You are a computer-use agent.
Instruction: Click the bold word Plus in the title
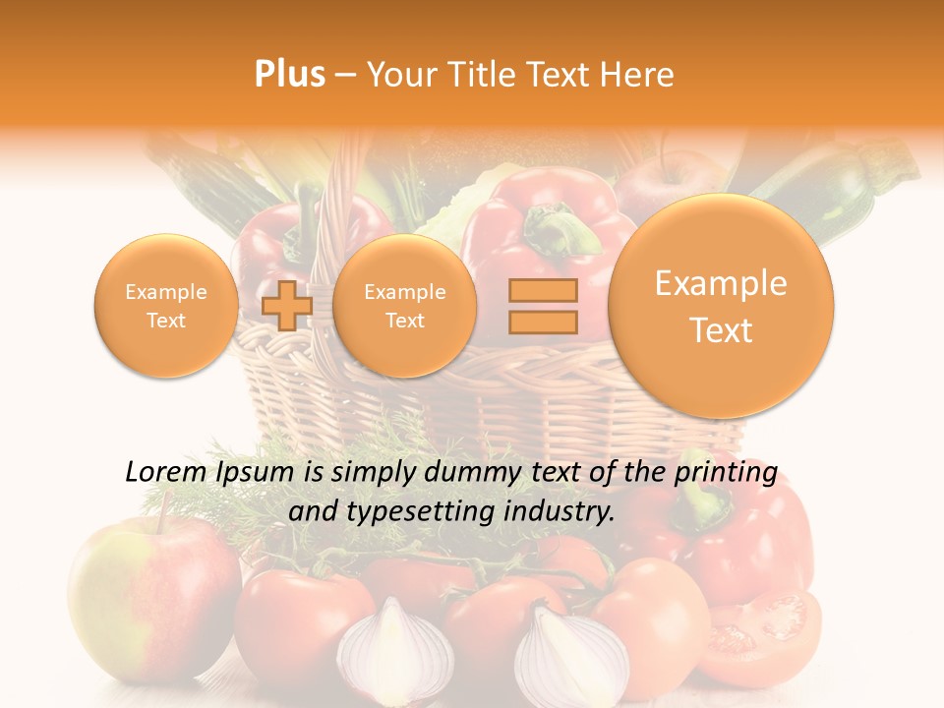290,75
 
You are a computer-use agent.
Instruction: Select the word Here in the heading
640,75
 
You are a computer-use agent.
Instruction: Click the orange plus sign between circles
287,306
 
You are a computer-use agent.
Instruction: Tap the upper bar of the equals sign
543,290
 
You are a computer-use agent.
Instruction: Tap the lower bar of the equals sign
543,321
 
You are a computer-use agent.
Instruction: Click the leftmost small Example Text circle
165,306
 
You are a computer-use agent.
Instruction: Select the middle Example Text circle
404,306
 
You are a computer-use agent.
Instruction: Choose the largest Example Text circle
721,306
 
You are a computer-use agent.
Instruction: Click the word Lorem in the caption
164,472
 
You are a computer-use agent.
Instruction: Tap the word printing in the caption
727,473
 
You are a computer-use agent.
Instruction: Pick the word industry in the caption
565,510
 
